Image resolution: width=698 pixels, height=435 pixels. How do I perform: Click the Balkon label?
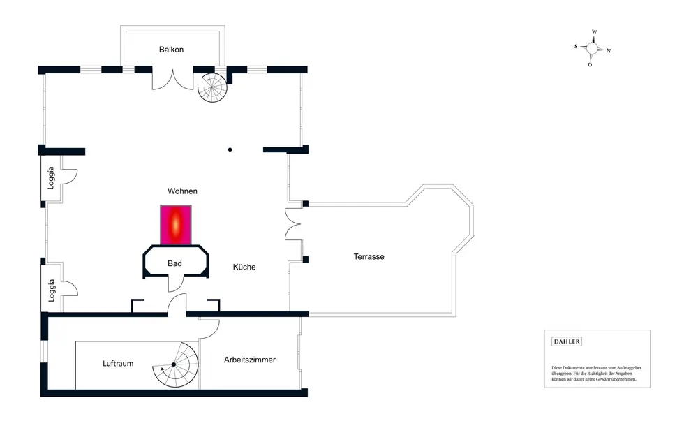[171, 49]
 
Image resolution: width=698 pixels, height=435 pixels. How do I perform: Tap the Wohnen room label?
[182, 191]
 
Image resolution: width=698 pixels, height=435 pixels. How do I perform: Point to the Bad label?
[174, 263]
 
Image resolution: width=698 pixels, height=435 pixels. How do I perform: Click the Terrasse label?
[369, 256]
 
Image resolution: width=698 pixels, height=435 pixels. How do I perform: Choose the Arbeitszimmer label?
[250, 360]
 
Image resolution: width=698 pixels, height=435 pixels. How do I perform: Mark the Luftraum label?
[118, 363]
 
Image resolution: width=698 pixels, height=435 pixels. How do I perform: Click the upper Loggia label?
[51, 179]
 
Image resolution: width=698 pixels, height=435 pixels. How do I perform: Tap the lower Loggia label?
[51, 289]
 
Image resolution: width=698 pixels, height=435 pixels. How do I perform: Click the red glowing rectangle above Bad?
[176, 224]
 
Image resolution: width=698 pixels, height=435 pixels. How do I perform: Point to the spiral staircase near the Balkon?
[211, 87]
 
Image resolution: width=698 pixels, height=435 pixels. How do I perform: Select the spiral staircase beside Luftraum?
[176, 365]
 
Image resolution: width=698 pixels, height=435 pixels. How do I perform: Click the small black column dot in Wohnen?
[230, 149]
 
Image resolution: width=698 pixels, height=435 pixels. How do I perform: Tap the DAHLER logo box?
[567, 341]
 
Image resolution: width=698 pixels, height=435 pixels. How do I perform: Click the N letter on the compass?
[609, 50]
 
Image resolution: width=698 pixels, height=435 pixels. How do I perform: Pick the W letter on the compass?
[594, 32]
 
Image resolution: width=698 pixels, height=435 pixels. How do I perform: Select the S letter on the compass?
[576, 47]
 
